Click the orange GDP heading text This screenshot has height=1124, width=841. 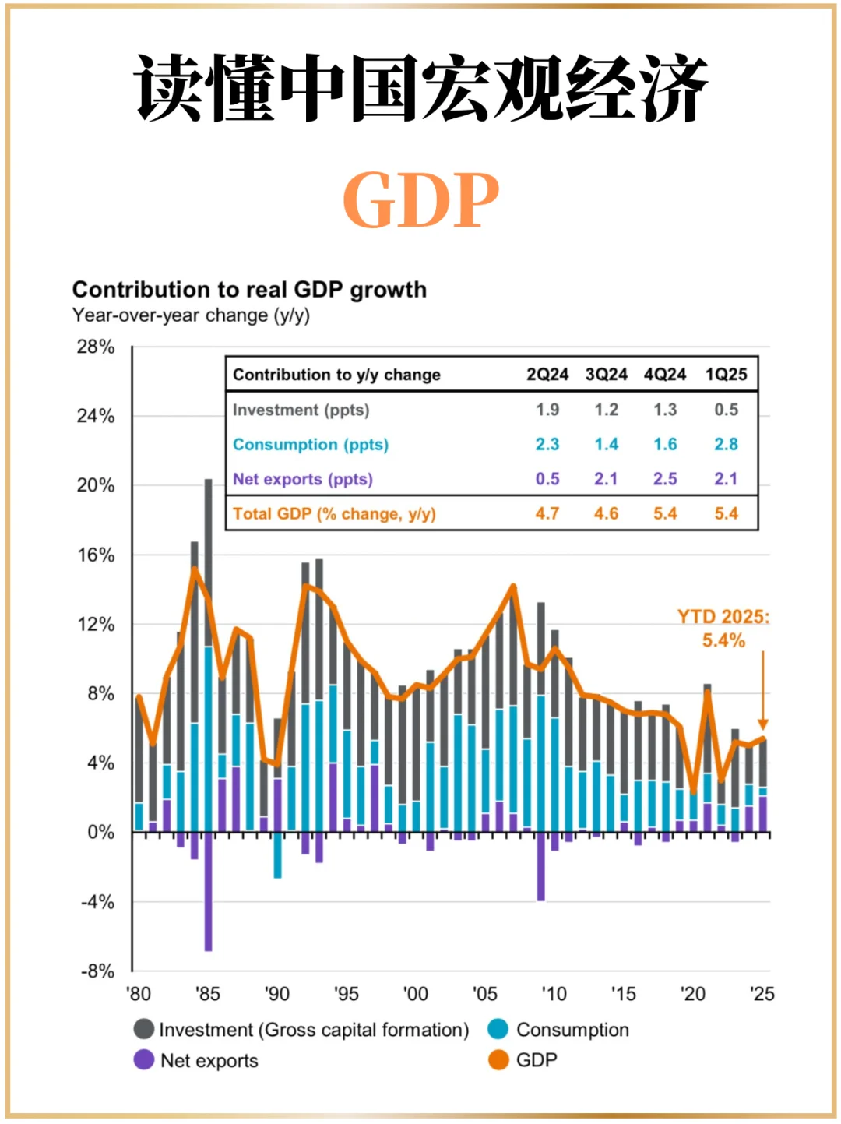420,200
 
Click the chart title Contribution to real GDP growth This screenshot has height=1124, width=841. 249,290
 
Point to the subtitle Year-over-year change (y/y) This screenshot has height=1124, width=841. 191,315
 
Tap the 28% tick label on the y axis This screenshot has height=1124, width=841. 96,347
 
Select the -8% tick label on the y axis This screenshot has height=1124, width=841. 97,971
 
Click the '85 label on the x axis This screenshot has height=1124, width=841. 207,994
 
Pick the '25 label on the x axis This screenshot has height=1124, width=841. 762,994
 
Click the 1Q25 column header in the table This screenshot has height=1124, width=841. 726,375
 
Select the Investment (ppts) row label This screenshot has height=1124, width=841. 301,410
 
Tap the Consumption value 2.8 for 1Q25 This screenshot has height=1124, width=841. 726,444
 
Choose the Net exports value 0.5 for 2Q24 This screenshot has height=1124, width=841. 547,479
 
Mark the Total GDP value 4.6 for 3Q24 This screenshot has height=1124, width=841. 606,514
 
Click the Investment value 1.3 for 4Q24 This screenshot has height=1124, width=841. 665,410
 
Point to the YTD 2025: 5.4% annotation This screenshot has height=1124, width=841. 723,629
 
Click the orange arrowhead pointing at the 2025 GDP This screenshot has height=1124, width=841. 763,724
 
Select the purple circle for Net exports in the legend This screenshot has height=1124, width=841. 144,1060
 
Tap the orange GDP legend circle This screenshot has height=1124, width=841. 498,1060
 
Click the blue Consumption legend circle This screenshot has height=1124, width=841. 498,1030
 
